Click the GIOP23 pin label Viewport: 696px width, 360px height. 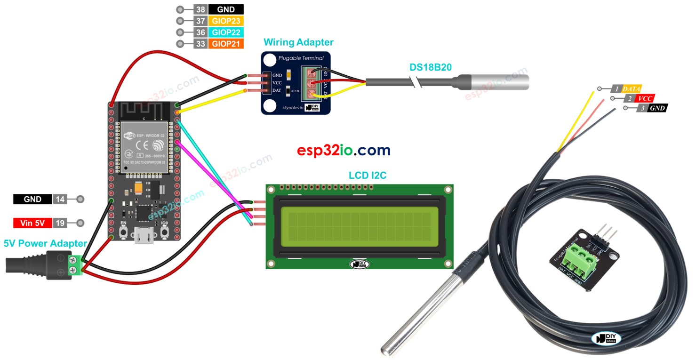(x=226, y=21)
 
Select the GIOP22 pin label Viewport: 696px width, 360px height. (x=226, y=32)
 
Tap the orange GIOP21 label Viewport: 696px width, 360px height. (x=226, y=44)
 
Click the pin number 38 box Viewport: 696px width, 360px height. (x=200, y=9)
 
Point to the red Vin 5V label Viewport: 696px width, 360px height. (x=32, y=223)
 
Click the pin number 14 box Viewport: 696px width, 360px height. (x=60, y=200)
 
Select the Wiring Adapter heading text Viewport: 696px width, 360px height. (x=298, y=42)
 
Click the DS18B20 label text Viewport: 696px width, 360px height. (x=430, y=67)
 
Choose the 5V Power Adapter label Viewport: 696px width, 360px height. (x=45, y=243)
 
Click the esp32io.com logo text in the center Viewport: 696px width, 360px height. (x=344, y=150)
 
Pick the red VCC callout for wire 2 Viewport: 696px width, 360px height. (x=645, y=98)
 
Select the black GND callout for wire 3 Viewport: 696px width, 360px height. (x=657, y=108)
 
